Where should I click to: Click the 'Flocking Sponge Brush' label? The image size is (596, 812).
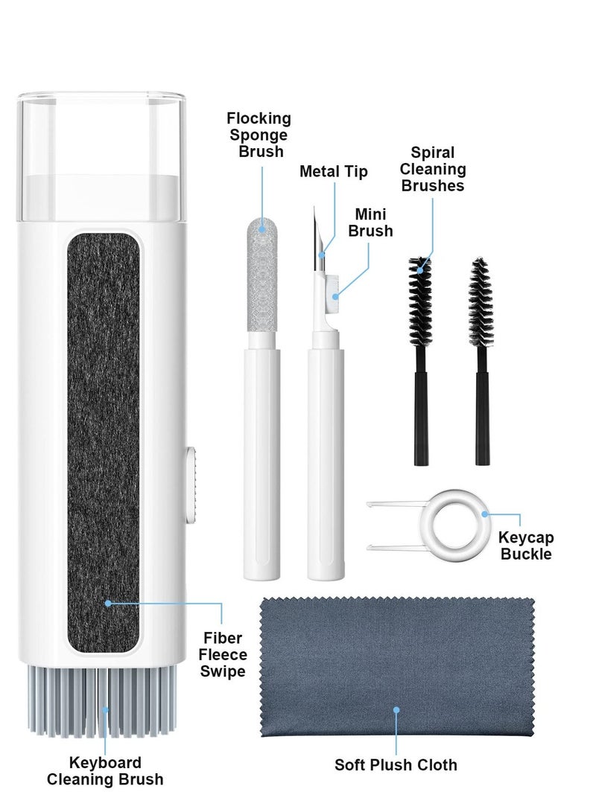click(259, 135)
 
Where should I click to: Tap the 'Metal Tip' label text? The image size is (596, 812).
click(334, 172)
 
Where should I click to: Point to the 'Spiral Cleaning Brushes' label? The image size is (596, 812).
click(433, 169)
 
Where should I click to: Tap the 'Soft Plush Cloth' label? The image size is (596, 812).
click(396, 764)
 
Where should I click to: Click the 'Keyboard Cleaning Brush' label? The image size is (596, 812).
click(105, 771)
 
